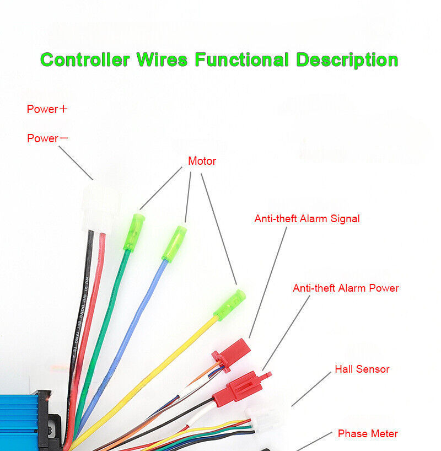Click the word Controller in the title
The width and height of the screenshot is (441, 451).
(86, 59)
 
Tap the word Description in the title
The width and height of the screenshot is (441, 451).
(347, 59)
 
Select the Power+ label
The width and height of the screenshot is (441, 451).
(47, 109)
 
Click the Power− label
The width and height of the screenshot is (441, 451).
(47, 138)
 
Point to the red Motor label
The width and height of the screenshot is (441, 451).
(202, 162)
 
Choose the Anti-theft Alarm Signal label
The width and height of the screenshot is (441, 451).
(306, 219)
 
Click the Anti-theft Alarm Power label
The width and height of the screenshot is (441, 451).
(346, 288)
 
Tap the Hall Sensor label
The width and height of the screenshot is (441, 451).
(362, 369)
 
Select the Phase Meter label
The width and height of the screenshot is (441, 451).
(368, 434)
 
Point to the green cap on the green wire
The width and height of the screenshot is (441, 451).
(135, 232)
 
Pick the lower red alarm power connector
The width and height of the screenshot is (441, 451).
(239, 388)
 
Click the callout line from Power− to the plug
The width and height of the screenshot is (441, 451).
(76, 163)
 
